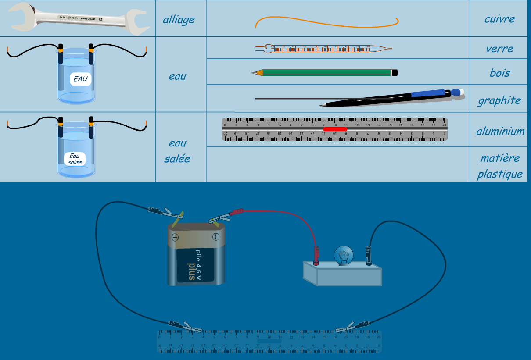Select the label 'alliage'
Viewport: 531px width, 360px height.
pos(178,20)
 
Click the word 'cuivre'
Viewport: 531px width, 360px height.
pos(499,19)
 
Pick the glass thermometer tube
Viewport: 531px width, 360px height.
pos(323,49)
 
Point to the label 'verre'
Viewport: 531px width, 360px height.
pos(499,49)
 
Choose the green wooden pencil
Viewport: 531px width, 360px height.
pos(325,73)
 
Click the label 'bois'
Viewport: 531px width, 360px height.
pos(499,73)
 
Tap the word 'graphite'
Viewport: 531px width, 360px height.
pos(499,100)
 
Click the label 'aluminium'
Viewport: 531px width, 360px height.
pos(500,131)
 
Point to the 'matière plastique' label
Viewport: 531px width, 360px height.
pos(500,166)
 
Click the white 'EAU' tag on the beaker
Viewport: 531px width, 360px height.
pos(80,79)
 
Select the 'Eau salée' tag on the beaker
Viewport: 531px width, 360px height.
pos(74,159)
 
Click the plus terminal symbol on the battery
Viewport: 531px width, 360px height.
pos(216,237)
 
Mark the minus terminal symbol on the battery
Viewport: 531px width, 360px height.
pos(175,238)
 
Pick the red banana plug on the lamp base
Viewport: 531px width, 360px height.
pos(316,256)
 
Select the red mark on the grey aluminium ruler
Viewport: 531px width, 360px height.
pos(335,129)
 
